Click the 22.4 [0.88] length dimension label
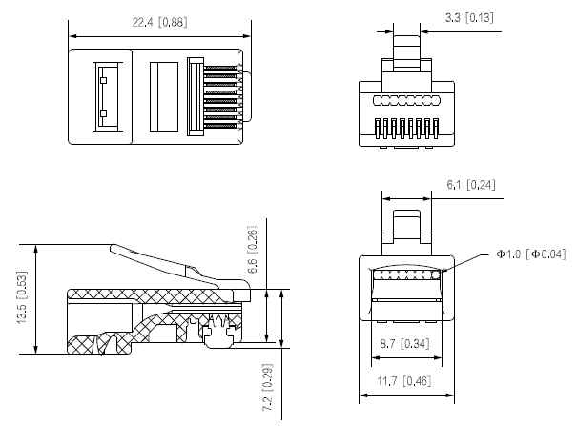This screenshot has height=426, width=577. tap(159, 23)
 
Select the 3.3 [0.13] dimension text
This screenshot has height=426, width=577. tap(469, 18)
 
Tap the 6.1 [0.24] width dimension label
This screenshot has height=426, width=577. tap(471, 185)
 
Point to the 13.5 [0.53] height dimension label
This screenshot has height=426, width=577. tap(22, 297)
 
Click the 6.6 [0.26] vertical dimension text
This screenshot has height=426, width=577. tap(253, 250)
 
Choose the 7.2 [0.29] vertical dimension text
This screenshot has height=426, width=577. tap(268, 388)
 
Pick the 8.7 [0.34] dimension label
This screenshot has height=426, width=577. tap(404, 344)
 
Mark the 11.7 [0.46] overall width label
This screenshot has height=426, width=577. tap(403, 381)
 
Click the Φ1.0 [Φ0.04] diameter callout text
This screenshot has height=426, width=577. tap(530, 254)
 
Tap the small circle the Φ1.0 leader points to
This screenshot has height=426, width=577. tap(436, 274)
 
